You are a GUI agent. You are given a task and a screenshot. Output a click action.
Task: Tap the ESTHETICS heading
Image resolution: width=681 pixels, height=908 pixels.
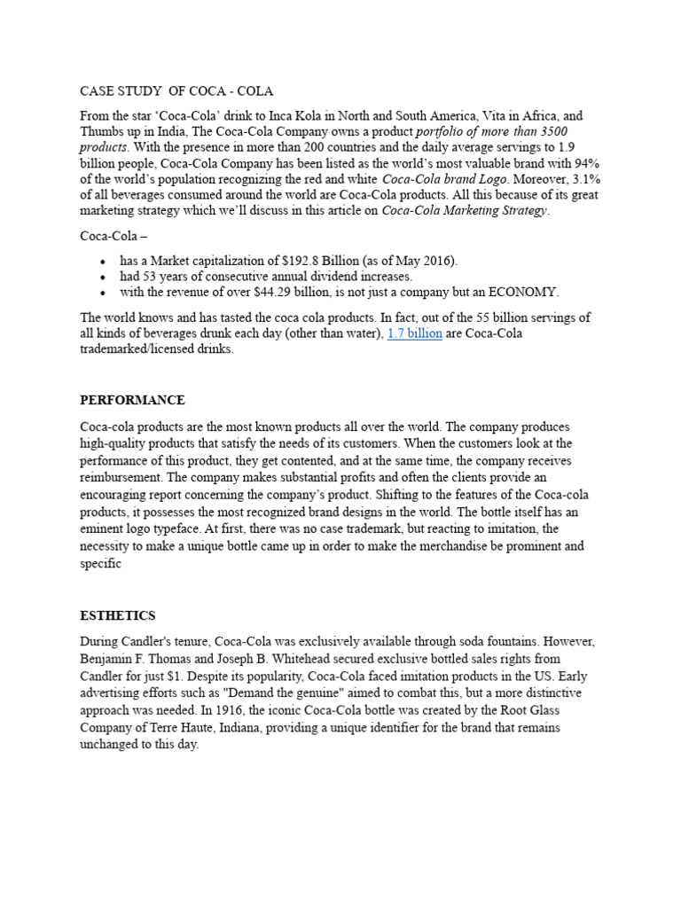117,614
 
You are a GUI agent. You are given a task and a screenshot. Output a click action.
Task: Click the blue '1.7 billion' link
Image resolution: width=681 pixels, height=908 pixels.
415,333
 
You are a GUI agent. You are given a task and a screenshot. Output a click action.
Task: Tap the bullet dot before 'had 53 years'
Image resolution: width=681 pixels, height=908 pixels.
104,276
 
